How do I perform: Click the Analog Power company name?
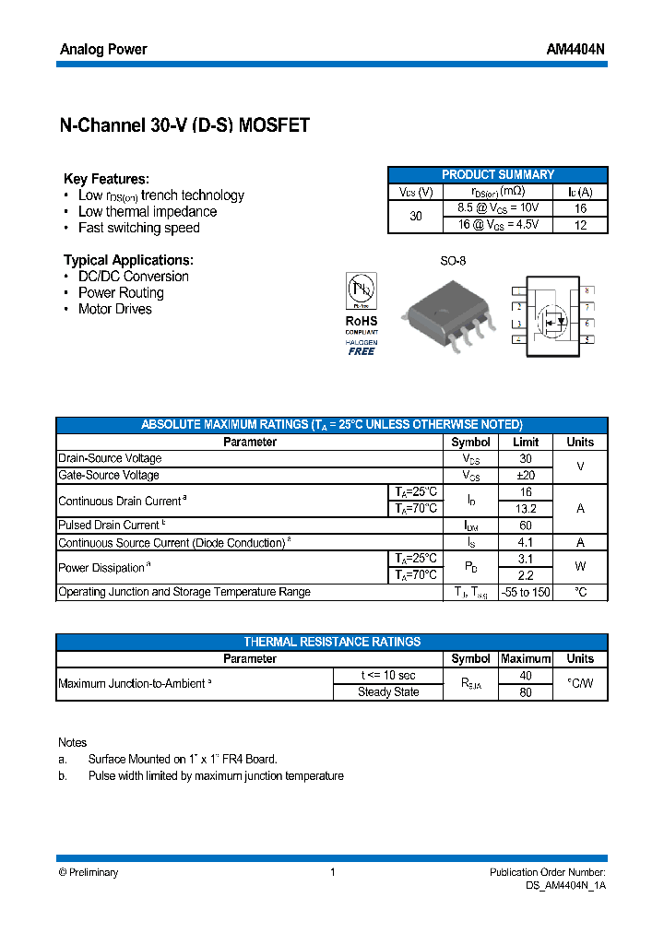pyautogui.click(x=103, y=49)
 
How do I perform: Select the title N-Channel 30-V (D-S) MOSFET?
pyautogui.click(x=184, y=126)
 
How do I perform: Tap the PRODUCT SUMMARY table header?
pyautogui.click(x=498, y=174)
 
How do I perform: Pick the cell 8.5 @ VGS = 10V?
pyautogui.click(x=498, y=208)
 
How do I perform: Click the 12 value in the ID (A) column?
pyautogui.click(x=580, y=225)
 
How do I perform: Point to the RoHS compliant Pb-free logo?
pyautogui.click(x=362, y=314)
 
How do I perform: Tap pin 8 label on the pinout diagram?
pyautogui.click(x=587, y=290)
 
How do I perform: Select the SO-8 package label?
pyautogui.click(x=452, y=261)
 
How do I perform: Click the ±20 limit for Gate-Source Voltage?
pyautogui.click(x=526, y=476)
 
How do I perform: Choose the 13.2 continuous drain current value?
pyautogui.click(x=526, y=509)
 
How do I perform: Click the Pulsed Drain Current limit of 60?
pyautogui.click(x=526, y=526)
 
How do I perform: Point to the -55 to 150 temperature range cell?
pyautogui.click(x=526, y=592)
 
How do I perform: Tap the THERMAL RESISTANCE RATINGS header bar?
pyautogui.click(x=332, y=642)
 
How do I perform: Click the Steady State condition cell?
pyautogui.click(x=388, y=692)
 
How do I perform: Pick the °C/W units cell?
pyautogui.click(x=580, y=684)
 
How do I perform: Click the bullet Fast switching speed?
pyautogui.click(x=138, y=228)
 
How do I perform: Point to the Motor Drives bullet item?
pyautogui.click(x=114, y=309)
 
